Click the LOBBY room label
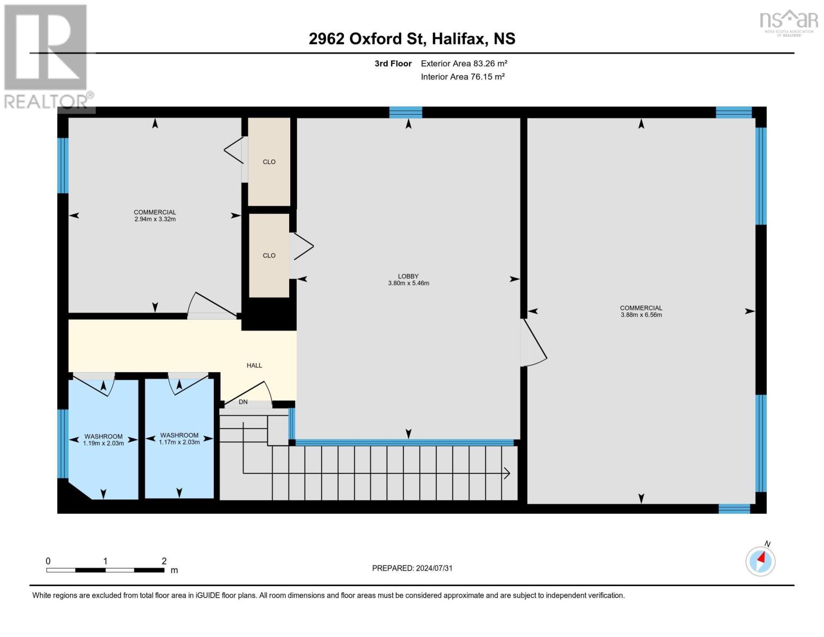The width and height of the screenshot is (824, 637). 408,276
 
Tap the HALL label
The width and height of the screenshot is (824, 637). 254,365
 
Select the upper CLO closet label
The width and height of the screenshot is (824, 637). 269,162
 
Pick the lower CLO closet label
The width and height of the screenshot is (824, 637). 269,256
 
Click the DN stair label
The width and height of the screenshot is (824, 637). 243,402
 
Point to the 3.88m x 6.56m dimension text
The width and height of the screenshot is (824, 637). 641,315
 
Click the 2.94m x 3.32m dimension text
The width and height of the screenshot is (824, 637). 155,219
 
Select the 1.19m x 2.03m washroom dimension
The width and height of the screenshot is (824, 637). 103,443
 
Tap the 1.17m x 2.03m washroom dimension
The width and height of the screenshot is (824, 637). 179,442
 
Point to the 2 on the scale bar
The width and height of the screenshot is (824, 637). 164,561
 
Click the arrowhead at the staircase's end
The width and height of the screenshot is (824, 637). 507,473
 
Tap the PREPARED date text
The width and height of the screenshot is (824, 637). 412,568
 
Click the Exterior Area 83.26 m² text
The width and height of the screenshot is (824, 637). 464,63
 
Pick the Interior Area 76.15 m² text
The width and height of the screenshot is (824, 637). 463,76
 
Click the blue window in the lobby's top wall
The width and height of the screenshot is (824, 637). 406,113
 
